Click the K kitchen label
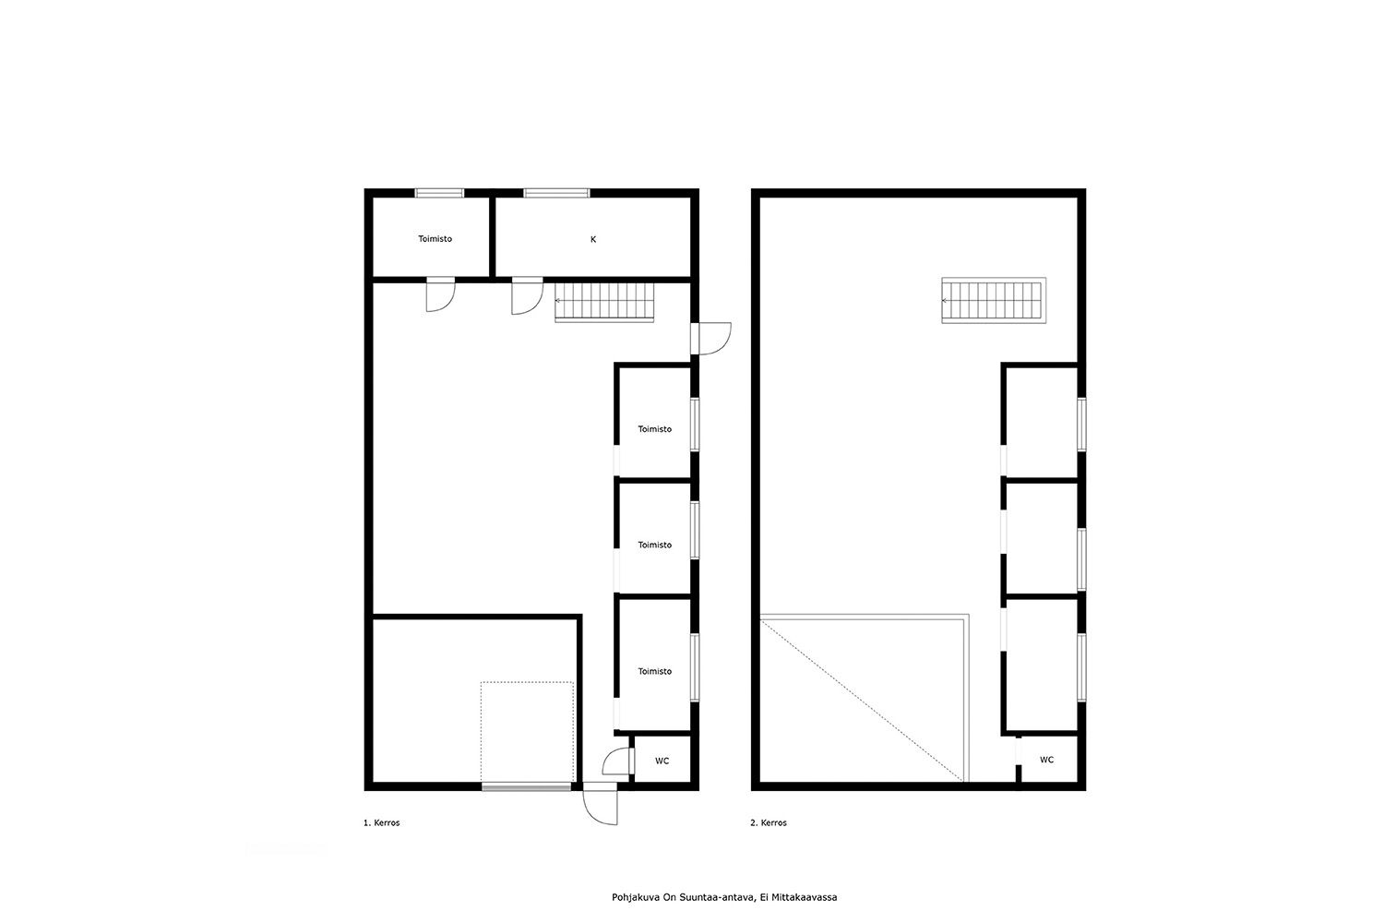pos(593,239)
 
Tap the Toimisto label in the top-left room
pos(435,239)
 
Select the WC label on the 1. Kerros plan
pos(662,761)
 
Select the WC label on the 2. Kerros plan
pos(1046,760)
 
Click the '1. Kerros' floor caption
pos(381,822)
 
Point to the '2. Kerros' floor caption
pos(769,822)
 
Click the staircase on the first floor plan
pos(604,303)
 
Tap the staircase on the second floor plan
pos(994,301)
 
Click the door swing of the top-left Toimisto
pos(440,295)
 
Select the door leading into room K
pos(527,297)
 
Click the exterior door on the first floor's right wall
pos(711,338)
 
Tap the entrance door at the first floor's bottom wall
pos(600,804)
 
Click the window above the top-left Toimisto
pos(439,193)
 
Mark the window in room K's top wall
pos(556,193)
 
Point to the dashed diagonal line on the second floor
pos(862,701)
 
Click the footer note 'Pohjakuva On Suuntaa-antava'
pos(683,897)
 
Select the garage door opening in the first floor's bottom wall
pos(527,786)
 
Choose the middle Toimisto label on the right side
pos(654,545)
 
